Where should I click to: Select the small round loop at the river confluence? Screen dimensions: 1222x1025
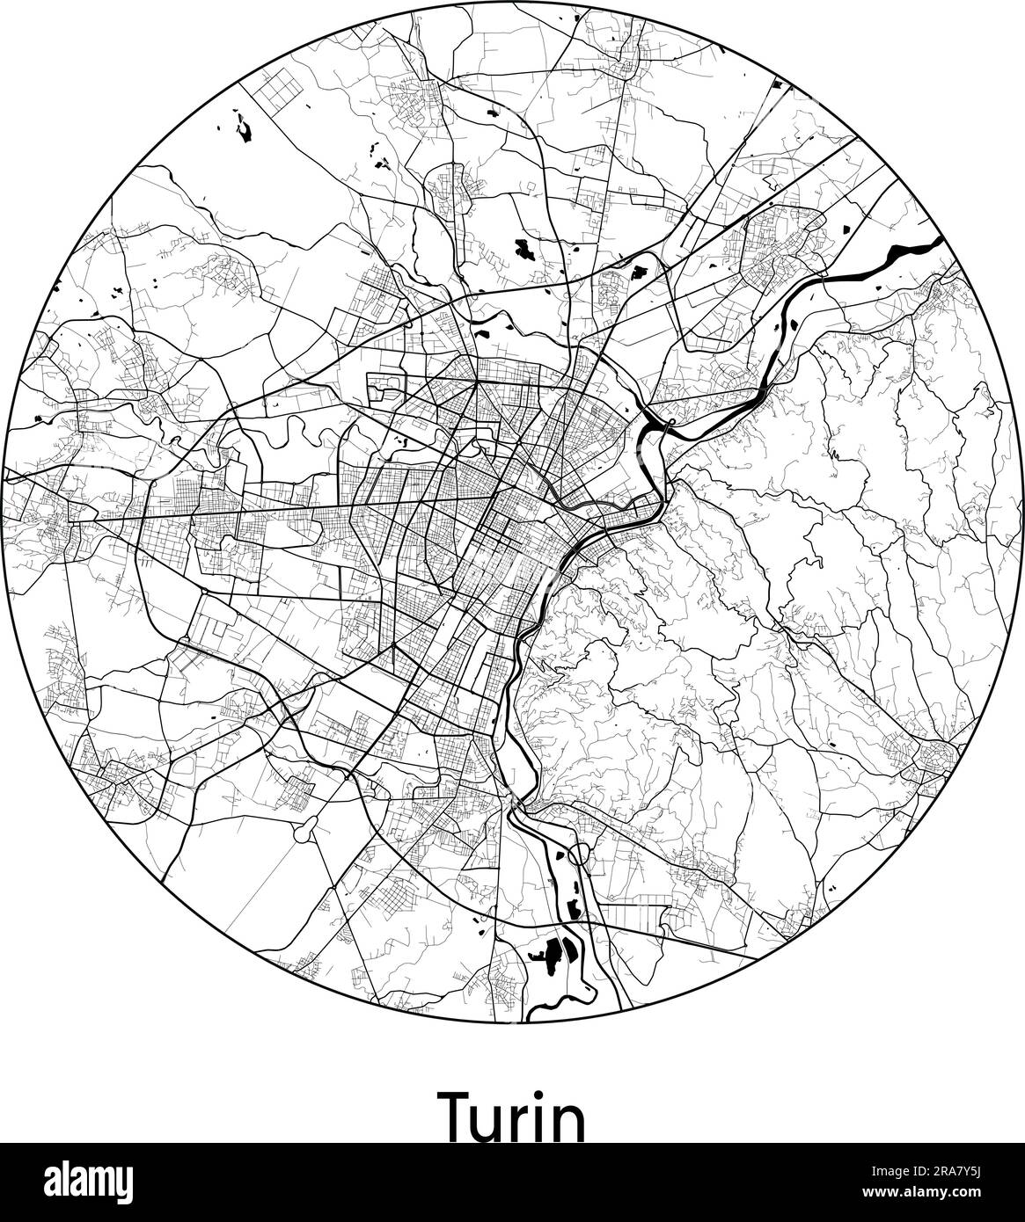pyautogui.click(x=670, y=426)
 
